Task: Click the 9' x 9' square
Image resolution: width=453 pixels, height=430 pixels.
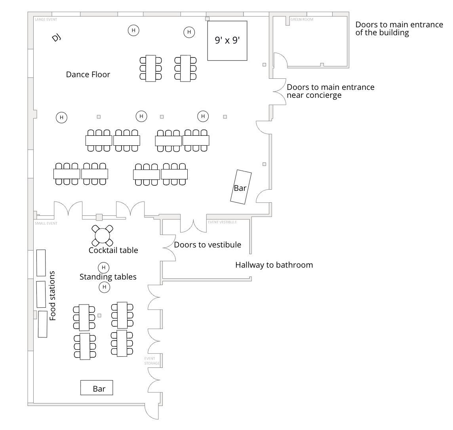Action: (227, 40)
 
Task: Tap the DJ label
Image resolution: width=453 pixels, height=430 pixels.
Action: (56, 38)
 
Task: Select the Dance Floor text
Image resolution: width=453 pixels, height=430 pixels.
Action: (88, 74)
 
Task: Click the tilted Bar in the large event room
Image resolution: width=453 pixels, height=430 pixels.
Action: (241, 187)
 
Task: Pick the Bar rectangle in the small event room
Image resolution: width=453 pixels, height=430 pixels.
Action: (97, 388)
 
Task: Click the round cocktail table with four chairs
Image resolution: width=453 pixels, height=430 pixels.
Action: (102, 235)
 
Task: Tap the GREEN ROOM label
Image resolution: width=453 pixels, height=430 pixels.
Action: (302, 19)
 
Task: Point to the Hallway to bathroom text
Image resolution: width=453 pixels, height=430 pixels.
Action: (274, 265)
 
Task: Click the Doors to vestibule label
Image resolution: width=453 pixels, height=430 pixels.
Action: (207, 245)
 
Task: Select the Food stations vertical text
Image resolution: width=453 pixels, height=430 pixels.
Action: (53, 296)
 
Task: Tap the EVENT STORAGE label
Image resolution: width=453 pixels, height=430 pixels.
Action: (152, 361)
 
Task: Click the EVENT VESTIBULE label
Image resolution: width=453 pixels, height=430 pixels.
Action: (222, 222)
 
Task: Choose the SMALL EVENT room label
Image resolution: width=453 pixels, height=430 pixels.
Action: (46, 223)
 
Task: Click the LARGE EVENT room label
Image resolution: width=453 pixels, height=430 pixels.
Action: (46, 19)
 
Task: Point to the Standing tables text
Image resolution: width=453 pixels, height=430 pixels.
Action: (108, 277)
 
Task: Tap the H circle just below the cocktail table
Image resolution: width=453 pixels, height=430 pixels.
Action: (103, 267)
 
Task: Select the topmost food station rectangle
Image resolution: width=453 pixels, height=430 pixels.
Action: (41, 263)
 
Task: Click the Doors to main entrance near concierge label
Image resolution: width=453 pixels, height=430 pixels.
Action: (330, 91)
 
